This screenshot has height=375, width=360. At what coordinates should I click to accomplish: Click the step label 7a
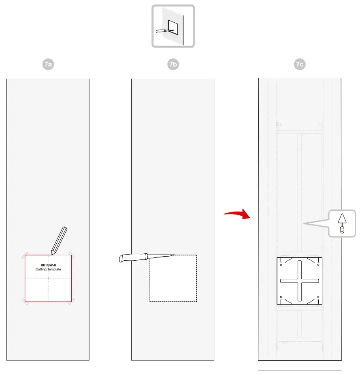tap(48, 64)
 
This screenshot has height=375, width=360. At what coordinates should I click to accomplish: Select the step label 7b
tap(173, 64)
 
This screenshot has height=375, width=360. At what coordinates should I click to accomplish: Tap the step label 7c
tap(300, 64)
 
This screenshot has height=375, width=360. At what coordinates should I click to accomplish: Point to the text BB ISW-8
tap(48, 265)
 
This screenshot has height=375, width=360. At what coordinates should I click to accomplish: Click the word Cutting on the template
tap(41, 269)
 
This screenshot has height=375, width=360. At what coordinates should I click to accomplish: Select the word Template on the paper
tap(54, 269)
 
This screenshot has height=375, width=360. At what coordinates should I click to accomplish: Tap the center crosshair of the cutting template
tap(48, 279)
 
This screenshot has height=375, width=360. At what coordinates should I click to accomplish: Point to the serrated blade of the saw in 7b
tap(161, 256)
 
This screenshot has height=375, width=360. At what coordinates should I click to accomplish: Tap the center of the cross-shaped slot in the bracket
tap(299, 281)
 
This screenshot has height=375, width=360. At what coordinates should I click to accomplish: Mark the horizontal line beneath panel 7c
tap(300, 370)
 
